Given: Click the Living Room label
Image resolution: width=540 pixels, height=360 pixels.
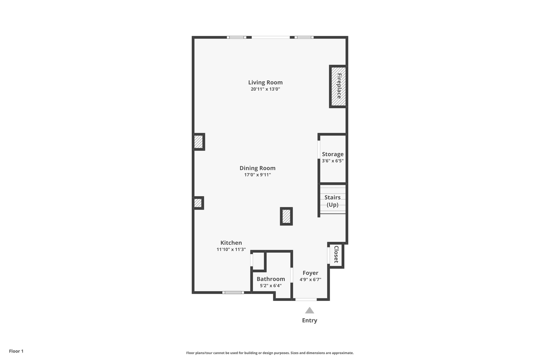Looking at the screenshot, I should point(265,82).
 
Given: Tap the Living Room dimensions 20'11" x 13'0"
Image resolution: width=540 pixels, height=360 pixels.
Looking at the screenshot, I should point(265,89).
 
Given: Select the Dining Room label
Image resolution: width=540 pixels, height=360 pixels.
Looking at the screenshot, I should point(257,168).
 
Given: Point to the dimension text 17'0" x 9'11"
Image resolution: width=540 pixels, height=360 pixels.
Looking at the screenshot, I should point(257,175).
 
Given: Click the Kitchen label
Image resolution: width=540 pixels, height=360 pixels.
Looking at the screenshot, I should point(231,243).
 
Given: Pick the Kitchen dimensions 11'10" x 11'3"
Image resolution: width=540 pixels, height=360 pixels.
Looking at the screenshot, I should point(231,249).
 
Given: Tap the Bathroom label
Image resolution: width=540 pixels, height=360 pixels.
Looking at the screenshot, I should point(271,279).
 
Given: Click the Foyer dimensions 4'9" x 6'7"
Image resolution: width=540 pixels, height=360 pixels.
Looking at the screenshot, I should point(310,280).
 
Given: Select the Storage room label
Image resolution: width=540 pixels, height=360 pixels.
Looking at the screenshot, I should point(332,154).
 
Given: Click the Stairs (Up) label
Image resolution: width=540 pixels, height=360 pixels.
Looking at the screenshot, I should point(332,201).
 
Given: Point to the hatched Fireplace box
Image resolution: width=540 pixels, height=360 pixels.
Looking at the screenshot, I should point(338,86).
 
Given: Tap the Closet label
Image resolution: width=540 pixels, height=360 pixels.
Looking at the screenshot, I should point(336,254).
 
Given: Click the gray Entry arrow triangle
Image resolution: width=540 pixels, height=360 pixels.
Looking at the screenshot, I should point(310,310).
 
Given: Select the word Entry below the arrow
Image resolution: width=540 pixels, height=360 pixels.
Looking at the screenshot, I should point(310,320).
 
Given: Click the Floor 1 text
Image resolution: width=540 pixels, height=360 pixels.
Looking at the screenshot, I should point(16,351).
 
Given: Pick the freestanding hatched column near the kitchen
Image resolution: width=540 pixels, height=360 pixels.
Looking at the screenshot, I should point(286,216).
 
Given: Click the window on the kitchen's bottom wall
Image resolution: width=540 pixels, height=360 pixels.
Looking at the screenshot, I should point(233,292).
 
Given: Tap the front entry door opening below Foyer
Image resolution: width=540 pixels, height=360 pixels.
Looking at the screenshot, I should point(306,299).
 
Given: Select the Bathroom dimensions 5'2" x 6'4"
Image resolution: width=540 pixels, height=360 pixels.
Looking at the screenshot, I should point(271,286).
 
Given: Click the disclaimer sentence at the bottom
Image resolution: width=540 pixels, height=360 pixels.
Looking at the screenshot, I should point(270,353).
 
